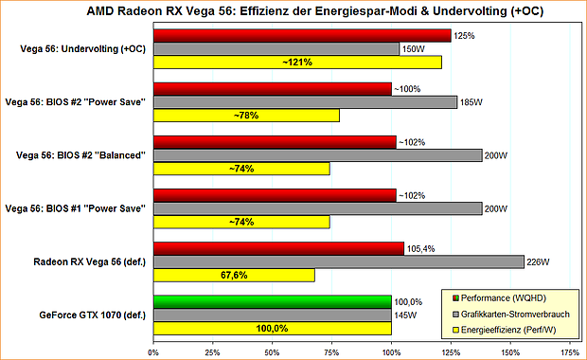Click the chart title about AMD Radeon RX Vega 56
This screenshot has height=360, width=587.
[293, 11]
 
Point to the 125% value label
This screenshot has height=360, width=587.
[464, 35]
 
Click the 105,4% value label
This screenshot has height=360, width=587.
[422, 248]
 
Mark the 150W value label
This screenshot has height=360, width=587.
[413, 48]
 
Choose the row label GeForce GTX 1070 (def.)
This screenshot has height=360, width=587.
[92, 315]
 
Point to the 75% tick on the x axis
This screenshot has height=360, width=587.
[331, 351]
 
